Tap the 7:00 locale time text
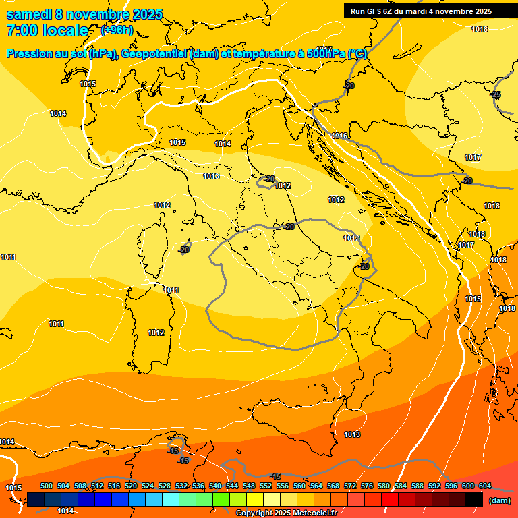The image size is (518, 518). (47, 30)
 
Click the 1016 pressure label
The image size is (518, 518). (339, 136)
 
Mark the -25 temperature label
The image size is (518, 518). (496, 94)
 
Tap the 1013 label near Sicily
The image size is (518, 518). (352, 435)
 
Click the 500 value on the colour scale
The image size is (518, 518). (47, 486)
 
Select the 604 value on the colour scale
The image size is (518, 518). (484, 486)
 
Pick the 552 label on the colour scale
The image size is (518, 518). (266, 486)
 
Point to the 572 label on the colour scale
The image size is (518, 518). (350, 486)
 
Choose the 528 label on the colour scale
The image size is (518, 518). (165, 486)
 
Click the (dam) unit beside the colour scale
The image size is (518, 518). (500, 500)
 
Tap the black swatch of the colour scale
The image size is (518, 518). (474, 499)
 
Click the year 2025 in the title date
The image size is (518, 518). (147, 14)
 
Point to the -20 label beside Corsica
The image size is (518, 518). (183, 250)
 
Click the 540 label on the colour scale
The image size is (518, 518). (215, 486)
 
